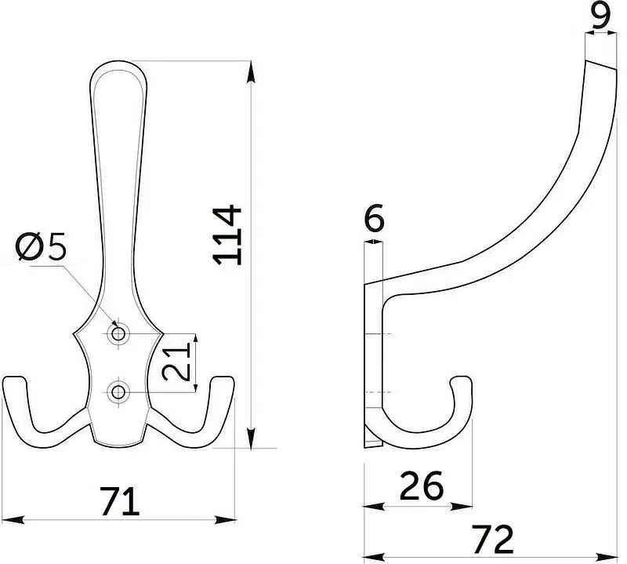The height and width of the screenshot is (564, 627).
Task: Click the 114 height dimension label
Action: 227,235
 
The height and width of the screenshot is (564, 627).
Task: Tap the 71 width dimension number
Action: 120,501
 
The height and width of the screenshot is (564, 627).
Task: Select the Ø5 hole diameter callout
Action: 41,247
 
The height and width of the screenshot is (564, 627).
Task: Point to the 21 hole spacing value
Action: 176,362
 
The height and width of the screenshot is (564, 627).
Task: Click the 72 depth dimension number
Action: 493,539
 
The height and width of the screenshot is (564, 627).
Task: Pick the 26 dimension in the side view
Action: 422,486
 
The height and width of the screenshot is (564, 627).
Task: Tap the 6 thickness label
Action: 375,218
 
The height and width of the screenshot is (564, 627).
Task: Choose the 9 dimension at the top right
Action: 601,16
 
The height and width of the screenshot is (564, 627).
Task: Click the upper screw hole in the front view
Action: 118,333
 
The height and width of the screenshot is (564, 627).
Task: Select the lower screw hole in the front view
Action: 118,392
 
